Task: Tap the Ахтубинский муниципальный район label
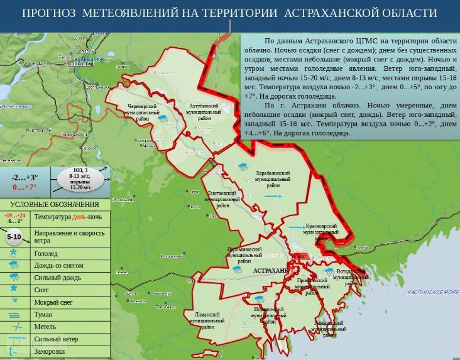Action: pyautogui.click(x=204, y=112)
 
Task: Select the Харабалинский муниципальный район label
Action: pyautogui.click(x=273, y=179)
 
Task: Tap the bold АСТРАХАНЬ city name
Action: pyautogui.click(x=270, y=270)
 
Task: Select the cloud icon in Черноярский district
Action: pyautogui.click(x=163, y=117)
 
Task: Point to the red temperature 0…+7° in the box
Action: pyautogui.click(x=25, y=187)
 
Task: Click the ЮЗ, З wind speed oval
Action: pyautogui.click(x=80, y=178)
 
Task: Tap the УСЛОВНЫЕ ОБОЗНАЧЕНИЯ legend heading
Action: pyautogui.click(x=55, y=204)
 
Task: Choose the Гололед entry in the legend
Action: pyautogui.click(x=46, y=254)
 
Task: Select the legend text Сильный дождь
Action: pyautogui.click(x=57, y=278)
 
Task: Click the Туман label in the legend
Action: pyautogui.click(x=44, y=314)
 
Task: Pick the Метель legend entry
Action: pyautogui.click(x=45, y=327)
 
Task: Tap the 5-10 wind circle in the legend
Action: pyautogui.click(x=14, y=237)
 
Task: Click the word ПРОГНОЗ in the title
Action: pyautogui.click(x=49, y=13)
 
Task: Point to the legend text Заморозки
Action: pyautogui.click(x=50, y=351)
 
